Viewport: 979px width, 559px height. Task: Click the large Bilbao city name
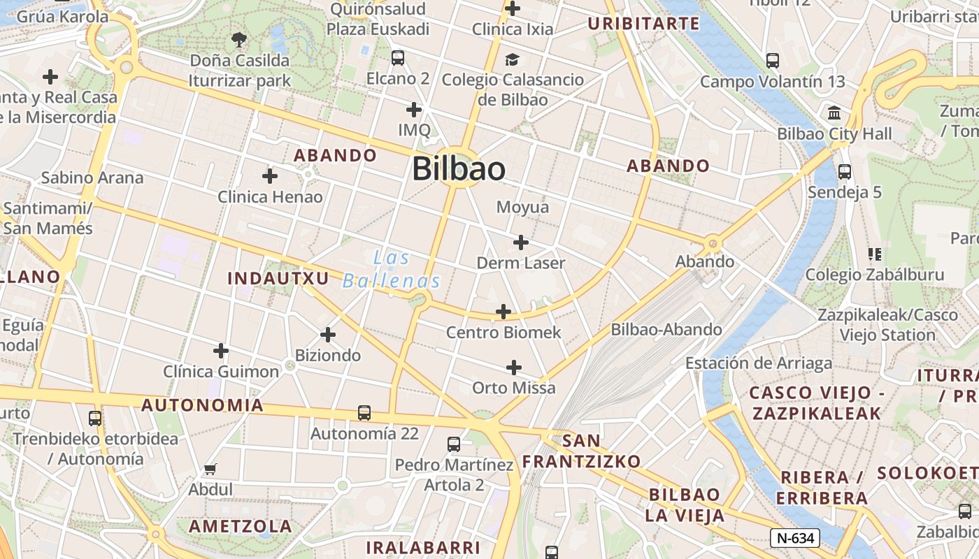pos(458,169)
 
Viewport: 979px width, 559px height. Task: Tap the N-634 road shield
pos(794,538)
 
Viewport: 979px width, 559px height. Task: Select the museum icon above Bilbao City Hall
pos(834,113)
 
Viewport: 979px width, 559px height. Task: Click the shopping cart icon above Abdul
pos(210,470)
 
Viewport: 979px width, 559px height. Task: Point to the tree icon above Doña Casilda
pos(239,40)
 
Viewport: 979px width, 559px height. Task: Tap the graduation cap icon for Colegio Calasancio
pos(513,59)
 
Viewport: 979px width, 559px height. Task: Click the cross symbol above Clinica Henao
pos(270,176)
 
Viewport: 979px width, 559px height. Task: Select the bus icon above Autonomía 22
pos(364,413)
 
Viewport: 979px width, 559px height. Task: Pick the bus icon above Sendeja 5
pos(844,171)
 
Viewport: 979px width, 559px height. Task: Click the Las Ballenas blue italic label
pos(392,270)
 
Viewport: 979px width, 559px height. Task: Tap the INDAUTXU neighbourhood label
pos(278,278)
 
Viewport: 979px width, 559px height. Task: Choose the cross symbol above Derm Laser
pos(521,242)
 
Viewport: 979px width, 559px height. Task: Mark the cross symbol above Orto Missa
pos(514,368)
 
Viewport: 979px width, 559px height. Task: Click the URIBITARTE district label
pos(643,24)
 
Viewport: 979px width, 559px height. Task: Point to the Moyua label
pos(522,208)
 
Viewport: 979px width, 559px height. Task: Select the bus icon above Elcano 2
pos(398,58)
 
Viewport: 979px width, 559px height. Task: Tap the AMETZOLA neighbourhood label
pos(241,526)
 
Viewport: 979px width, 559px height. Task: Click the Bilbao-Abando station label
pos(666,329)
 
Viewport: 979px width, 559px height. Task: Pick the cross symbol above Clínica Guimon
pos(221,351)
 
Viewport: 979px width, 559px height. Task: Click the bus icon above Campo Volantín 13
pos(773,61)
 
